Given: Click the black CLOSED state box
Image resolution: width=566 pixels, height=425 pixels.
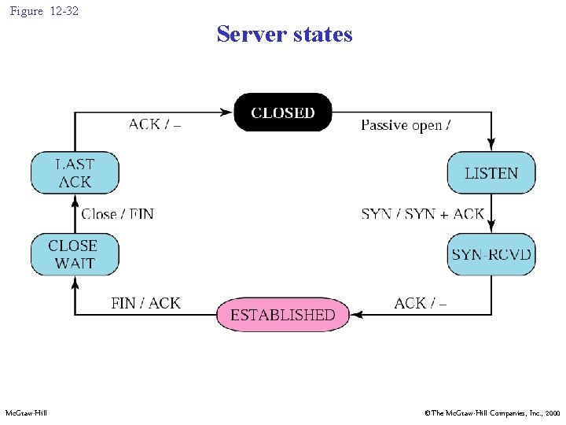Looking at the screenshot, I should point(283,113).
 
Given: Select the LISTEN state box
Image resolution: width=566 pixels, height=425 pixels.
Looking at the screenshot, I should point(491,173).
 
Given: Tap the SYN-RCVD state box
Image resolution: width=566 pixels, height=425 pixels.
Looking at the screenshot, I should point(491,254).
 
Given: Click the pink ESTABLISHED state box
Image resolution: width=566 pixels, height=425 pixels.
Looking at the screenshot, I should point(283,315).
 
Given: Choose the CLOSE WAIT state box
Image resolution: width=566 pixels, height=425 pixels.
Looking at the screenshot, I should point(75,254).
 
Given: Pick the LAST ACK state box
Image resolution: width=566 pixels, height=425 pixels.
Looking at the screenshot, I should point(75,173).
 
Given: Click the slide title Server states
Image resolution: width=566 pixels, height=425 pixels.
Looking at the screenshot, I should point(285,35).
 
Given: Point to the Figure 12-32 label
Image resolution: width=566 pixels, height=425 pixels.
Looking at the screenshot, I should point(44,11).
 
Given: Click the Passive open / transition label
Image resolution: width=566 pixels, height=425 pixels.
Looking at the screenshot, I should point(405,125).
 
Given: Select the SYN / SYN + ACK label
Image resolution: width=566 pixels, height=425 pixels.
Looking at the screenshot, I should point(422,214).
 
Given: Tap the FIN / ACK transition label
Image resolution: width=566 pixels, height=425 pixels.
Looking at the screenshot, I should point(145,303).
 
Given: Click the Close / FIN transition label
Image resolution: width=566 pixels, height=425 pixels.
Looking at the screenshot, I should point(117,214).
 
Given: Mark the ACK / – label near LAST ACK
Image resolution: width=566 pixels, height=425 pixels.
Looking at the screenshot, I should point(154,124).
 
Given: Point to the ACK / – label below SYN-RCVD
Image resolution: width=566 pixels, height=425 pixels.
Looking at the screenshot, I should point(420,303).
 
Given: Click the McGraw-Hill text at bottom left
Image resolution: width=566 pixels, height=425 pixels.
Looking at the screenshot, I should point(26,413).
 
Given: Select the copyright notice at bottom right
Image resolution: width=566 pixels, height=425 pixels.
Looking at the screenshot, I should point(492,413).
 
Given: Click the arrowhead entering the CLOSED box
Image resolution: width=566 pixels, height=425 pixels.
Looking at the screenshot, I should point(228,113).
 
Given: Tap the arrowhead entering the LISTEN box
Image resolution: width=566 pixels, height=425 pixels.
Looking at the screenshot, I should point(491,146).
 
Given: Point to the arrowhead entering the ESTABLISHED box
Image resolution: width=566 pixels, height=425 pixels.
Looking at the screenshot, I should point(355,315).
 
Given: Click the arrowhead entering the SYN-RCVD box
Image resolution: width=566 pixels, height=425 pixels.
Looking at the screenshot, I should point(491,228).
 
